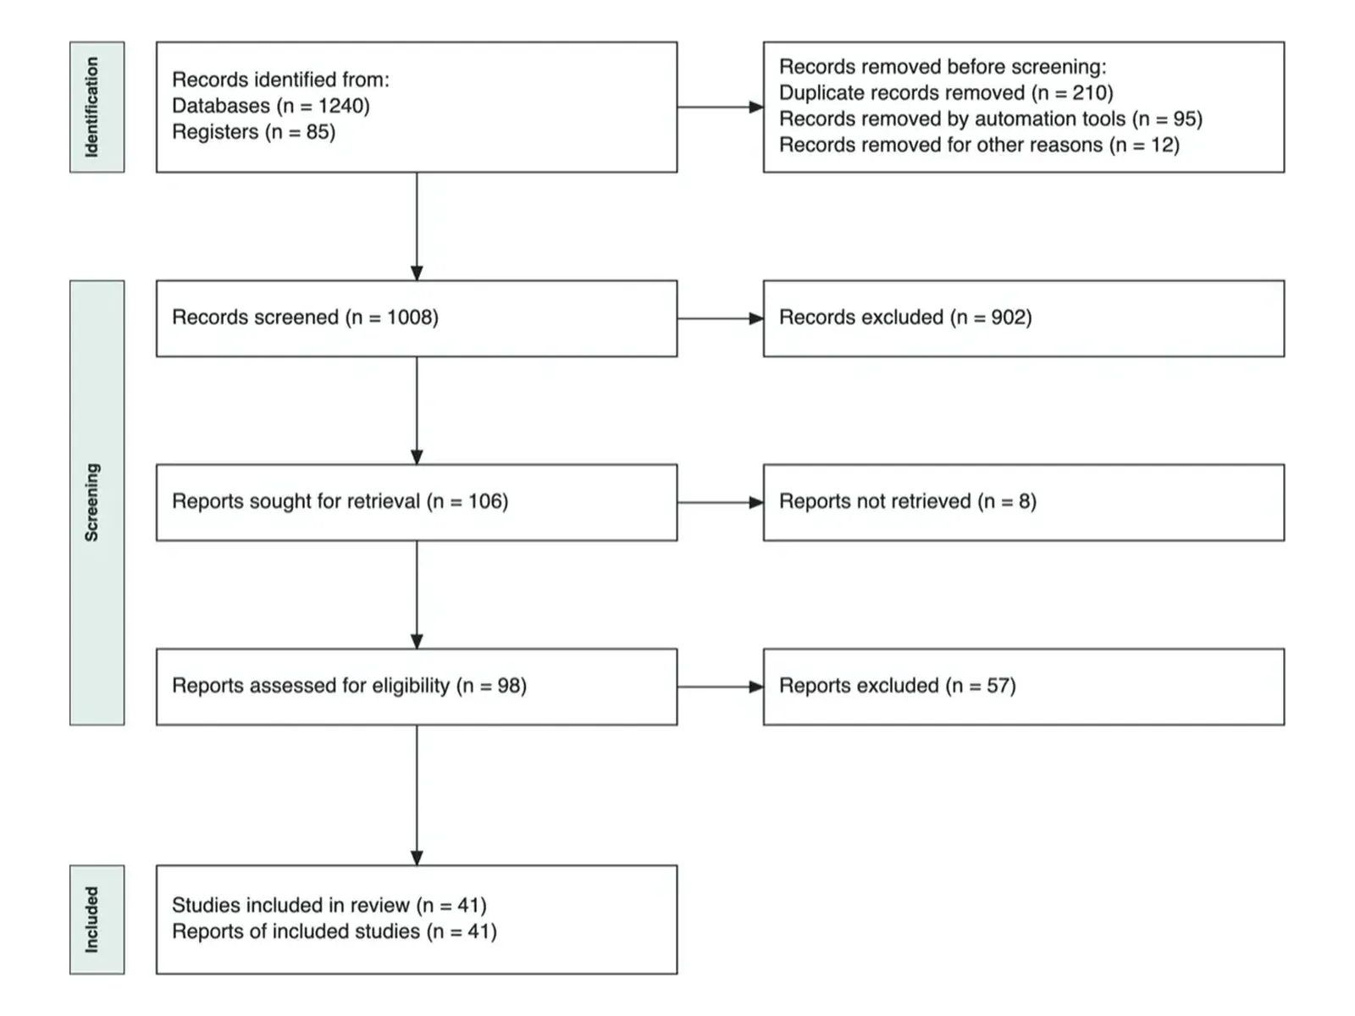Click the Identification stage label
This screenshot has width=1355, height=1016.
tap(91, 108)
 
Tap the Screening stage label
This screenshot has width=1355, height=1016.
tap(91, 502)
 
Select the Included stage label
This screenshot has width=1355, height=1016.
tap(91, 919)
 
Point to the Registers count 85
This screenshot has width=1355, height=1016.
tap(318, 132)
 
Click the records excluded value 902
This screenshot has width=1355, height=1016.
tap(1008, 317)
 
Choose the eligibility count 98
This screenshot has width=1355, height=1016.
tap(509, 685)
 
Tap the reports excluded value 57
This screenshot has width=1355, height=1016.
tap(998, 685)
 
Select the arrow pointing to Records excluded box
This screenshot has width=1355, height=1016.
tap(721, 318)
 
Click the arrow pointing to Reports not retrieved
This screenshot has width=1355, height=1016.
tap(721, 503)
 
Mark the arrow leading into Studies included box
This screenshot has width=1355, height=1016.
tap(417, 795)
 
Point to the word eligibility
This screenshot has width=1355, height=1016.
tap(411, 685)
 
